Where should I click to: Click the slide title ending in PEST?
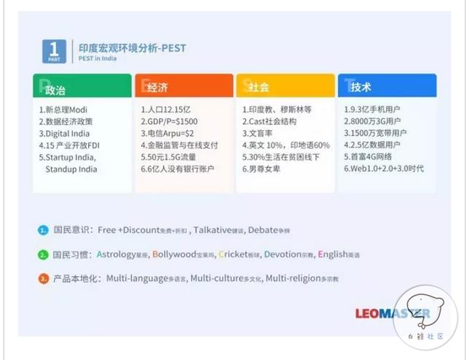(132, 48)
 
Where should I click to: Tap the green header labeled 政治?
(82, 87)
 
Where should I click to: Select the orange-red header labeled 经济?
(183, 87)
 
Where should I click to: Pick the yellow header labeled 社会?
(285, 87)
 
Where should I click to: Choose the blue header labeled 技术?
(386, 87)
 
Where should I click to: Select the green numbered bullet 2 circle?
(43, 255)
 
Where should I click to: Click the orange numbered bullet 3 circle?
(43, 279)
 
